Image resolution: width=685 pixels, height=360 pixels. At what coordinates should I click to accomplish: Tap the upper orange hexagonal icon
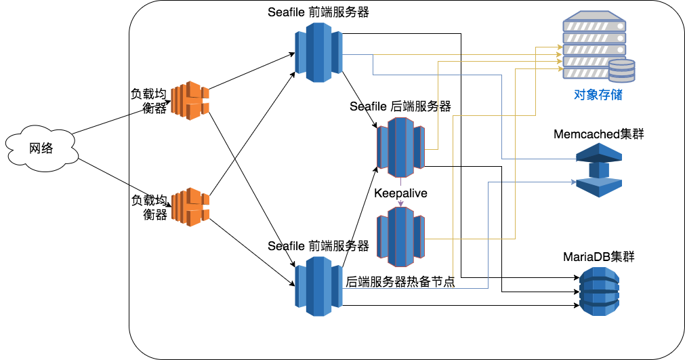click(190, 100)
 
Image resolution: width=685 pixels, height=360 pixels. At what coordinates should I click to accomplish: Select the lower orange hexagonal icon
click(190, 207)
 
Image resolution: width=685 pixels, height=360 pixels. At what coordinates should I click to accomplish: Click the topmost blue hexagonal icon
click(319, 52)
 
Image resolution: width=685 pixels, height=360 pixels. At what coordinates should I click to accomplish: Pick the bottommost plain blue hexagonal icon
click(319, 286)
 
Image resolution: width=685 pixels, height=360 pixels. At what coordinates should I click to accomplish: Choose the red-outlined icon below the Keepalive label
click(400, 237)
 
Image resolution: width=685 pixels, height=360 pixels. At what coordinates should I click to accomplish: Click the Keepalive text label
click(400, 193)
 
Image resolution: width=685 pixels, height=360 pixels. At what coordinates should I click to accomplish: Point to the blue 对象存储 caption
click(598, 95)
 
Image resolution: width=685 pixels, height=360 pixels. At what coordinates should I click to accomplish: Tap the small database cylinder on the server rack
click(621, 71)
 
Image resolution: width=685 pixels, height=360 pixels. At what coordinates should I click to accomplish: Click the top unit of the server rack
click(594, 26)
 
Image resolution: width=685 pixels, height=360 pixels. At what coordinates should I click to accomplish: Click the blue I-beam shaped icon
click(598, 170)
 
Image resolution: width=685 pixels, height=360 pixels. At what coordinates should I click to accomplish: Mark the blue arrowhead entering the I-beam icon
click(573, 182)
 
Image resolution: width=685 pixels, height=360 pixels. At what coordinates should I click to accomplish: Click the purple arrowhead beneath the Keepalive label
click(400, 203)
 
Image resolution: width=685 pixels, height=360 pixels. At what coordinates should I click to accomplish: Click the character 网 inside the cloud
click(35, 148)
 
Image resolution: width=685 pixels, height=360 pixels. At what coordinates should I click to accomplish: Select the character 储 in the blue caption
click(616, 95)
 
